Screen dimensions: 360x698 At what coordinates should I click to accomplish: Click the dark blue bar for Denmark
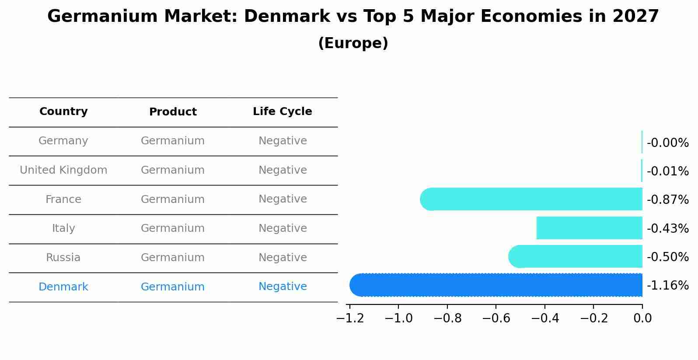pos(496,285)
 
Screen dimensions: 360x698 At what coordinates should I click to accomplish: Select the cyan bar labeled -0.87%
pos(531,199)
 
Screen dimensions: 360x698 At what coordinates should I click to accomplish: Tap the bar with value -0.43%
pos(589,228)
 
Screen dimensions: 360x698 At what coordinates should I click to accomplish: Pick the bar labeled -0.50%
pos(575,256)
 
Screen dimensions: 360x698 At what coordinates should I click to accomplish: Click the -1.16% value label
pos(667,286)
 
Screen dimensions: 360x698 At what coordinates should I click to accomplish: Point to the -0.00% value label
pos(667,143)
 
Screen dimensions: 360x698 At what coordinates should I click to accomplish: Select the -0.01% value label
pos(667,171)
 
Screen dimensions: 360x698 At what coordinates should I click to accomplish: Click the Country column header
pos(63,112)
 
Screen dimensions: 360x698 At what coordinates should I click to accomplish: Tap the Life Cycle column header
pos(283,112)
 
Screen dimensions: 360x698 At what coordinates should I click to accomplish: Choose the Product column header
pos(173,112)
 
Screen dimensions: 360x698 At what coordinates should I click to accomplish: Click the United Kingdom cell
pos(63,170)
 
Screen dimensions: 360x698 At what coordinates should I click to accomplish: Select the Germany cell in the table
pos(63,141)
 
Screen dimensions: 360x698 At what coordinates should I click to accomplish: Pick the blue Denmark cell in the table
pos(63,287)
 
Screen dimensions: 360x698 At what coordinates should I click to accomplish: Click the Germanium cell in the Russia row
pos(173,258)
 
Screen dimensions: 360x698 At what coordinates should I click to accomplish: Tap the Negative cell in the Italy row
pos(283,228)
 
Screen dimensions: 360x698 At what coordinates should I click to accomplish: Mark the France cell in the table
pos(63,199)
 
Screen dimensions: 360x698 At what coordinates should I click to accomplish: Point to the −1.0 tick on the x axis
pos(398,318)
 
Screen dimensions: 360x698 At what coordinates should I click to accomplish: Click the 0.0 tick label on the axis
pos(642,318)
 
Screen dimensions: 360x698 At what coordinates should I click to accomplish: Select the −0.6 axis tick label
pos(496,318)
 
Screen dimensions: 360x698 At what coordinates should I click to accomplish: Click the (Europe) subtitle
pos(353,43)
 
